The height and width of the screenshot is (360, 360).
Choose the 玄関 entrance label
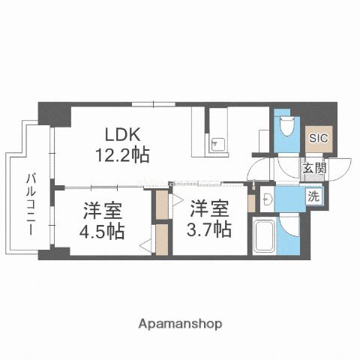click(315, 169)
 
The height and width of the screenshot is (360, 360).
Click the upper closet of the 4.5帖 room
click(162, 205)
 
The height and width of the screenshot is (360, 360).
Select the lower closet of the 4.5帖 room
click(161, 240)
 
